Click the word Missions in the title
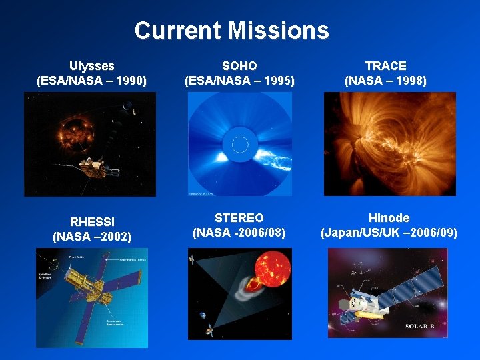[x=279, y=31]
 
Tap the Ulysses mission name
[x=92, y=66]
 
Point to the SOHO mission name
[x=239, y=66]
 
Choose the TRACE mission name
[x=385, y=66]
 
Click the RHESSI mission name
[x=92, y=221]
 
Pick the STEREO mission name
[x=239, y=218]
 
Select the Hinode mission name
[x=389, y=218]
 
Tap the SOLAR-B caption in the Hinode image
[x=422, y=326]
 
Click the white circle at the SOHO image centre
[x=239, y=143]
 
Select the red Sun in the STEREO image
[x=267, y=270]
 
